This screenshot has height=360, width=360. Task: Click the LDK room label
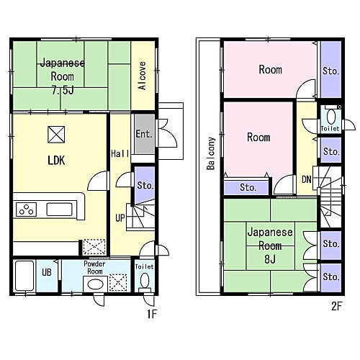point(56,161)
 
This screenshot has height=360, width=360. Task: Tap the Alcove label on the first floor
point(143,76)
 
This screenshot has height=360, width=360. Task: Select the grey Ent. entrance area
point(144,134)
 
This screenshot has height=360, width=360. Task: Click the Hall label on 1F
point(120,153)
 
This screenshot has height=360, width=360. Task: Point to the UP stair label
point(120,218)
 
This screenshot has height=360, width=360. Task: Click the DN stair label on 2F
point(307,179)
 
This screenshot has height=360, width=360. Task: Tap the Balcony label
point(211,153)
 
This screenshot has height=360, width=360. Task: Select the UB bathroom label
point(47,272)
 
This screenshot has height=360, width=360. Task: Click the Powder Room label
point(94,268)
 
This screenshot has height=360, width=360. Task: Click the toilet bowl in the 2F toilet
point(331,116)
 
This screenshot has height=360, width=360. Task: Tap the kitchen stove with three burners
point(26,210)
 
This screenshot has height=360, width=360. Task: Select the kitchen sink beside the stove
point(59,210)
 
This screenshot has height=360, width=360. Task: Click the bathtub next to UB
point(24,276)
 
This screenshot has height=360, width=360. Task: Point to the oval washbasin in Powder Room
point(95,284)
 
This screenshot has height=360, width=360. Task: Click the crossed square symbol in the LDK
point(56,135)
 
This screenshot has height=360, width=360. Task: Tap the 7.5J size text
point(63,91)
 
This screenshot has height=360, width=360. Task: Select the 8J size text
point(270,259)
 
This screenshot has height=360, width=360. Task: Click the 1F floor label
point(152,314)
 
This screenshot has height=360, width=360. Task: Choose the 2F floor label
point(336,306)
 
